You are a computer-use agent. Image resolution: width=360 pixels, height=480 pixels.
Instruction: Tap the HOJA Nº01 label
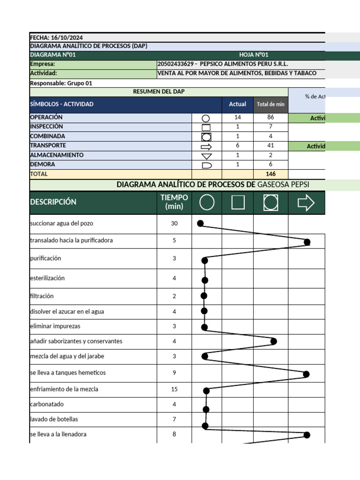[x=254, y=55]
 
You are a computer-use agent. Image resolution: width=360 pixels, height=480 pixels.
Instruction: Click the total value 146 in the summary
[x=270, y=174]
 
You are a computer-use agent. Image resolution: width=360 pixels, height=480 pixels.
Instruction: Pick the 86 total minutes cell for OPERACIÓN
[x=270, y=118]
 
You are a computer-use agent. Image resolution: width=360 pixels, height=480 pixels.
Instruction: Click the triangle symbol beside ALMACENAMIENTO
[x=206, y=156]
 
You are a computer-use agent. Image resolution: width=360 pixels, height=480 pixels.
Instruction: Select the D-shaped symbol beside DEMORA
[x=206, y=165]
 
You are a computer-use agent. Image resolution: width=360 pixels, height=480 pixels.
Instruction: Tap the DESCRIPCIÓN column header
[x=53, y=202]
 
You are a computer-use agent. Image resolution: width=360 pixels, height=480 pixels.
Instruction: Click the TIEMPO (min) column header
[x=174, y=202]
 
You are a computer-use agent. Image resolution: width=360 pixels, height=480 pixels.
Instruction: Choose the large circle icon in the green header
[x=207, y=202]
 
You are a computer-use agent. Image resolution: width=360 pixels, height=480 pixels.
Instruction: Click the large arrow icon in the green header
[x=306, y=202]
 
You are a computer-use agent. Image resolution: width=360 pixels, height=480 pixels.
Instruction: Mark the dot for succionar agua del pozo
[x=200, y=224]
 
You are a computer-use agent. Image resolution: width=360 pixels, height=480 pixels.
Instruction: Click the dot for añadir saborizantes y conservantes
[x=274, y=341]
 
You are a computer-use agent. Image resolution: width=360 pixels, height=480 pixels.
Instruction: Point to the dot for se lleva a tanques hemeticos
[x=306, y=374]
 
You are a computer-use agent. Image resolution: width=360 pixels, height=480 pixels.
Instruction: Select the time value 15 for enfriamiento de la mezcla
[x=174, y=390]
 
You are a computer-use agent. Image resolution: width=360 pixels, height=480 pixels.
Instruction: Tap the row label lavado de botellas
[x=54, y=419]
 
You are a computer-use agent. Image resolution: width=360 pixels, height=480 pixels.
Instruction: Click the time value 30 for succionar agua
[x=174, y=224]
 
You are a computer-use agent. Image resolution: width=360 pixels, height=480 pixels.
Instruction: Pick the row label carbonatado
[x=47, y=404]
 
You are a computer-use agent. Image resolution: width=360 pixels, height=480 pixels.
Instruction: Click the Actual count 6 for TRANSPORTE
[x=238, y=146]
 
